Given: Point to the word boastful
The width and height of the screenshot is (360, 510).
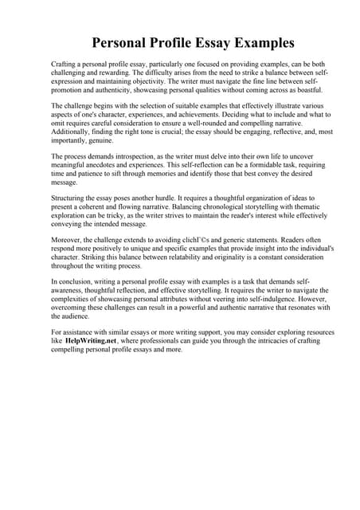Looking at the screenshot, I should coord(291,91).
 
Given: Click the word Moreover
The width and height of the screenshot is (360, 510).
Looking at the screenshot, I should coord(69,237).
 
